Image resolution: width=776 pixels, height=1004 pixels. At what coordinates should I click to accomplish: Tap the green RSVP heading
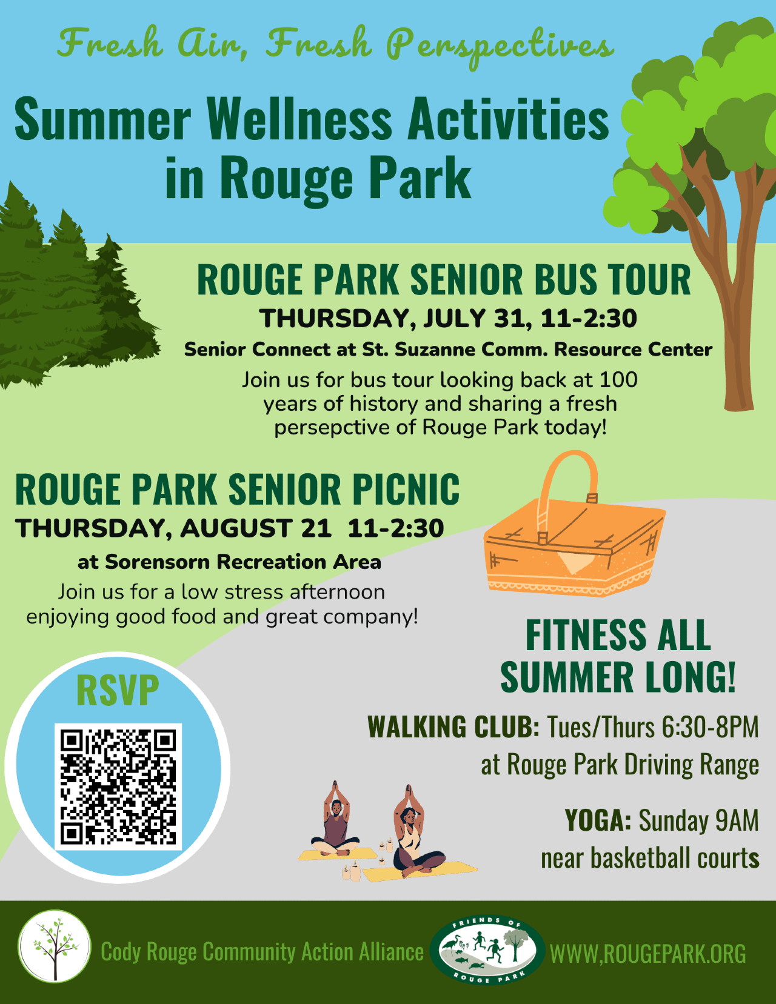click(118, 691)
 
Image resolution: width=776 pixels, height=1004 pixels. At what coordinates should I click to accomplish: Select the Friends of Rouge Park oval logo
click(487, 952)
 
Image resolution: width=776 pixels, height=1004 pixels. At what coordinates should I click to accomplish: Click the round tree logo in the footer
click(55, 951)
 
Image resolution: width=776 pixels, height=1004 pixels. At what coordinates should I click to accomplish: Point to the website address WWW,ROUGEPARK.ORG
click(647, 953)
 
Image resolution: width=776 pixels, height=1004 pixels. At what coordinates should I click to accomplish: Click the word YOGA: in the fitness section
click(598, 820)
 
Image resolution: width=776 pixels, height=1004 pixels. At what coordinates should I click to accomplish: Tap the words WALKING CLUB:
click(453, 726)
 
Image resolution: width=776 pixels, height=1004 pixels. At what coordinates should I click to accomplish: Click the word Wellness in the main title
click(299, 119)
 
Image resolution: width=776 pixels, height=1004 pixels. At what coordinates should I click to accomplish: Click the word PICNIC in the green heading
click(405, 490)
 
